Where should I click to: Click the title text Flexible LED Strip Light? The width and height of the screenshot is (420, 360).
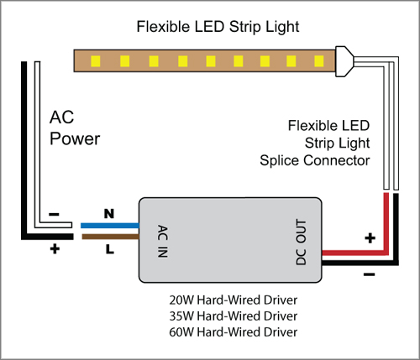point(218,28)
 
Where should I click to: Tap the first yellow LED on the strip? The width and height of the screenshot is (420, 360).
point(96,61)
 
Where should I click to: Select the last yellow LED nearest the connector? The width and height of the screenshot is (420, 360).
point(319,61)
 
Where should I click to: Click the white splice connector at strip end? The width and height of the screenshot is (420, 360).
point(344,61)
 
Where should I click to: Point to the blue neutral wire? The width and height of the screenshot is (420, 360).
point(110,226)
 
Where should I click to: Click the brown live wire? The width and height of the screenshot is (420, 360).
point(110,237)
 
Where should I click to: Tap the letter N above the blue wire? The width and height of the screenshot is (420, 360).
point(109,214)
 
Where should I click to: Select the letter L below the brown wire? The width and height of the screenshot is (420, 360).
point(110,249)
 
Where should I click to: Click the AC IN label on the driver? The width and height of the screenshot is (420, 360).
point(163,241)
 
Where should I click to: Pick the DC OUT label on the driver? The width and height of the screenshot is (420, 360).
point(302,242)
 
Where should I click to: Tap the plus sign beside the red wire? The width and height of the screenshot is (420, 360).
point(370,238)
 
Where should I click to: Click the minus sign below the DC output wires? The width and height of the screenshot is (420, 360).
point(369,274)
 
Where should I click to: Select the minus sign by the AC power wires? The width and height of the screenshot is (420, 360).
point(54,215)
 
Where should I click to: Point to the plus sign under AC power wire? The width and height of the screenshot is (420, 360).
point(55,248)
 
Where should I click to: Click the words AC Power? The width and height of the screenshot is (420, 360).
point(75,128)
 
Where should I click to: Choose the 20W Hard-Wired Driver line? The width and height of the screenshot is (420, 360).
point(234,300)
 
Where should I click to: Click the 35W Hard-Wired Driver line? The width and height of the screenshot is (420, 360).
point(234,316)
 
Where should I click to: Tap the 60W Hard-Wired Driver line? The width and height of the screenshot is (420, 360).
point(234,332)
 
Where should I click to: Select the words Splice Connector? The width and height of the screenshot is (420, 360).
point(315,160)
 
